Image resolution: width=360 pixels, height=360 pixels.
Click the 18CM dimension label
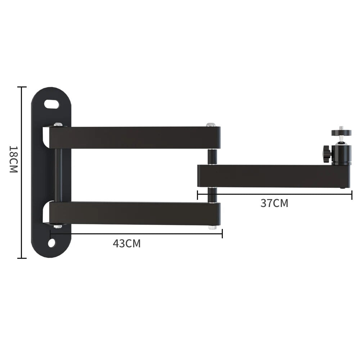click(x=13, y=159)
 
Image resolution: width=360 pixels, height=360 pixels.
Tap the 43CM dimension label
click(x=127, y=244)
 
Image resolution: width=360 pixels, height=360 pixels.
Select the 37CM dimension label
click(x=274, y=203)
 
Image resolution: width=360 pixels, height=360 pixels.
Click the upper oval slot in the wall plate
click(x=52, y=104)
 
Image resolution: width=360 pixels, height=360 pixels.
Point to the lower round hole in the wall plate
click(x=52, y=243)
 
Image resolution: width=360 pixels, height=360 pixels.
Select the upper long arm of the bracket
click(x=135, y=138)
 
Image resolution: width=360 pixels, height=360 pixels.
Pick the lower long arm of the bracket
click(x=135, y=213)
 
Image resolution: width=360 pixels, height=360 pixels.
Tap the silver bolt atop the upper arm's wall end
click(x=58, y=125)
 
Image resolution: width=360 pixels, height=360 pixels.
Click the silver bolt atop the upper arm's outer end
click(x=211, y=125)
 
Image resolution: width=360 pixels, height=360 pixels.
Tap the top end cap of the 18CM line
click(x=22, y=87)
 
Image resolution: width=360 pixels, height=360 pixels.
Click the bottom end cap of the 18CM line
click(x=22, y=258)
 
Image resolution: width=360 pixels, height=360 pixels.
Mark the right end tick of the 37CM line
click(x=351, y=195)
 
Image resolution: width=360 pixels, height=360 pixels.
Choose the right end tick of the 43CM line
click(x=222, y=234)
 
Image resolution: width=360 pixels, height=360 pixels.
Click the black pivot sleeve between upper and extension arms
click(x=212, y=156)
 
